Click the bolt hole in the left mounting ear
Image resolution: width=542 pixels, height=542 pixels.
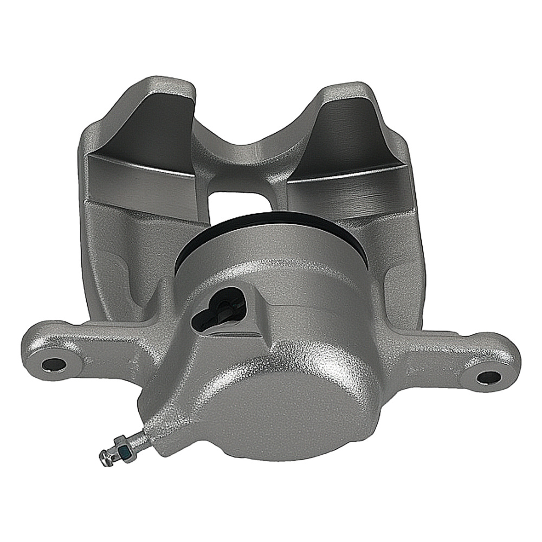53,364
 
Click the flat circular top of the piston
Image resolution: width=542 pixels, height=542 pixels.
271,244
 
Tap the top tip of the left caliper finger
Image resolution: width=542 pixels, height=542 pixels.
163,87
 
